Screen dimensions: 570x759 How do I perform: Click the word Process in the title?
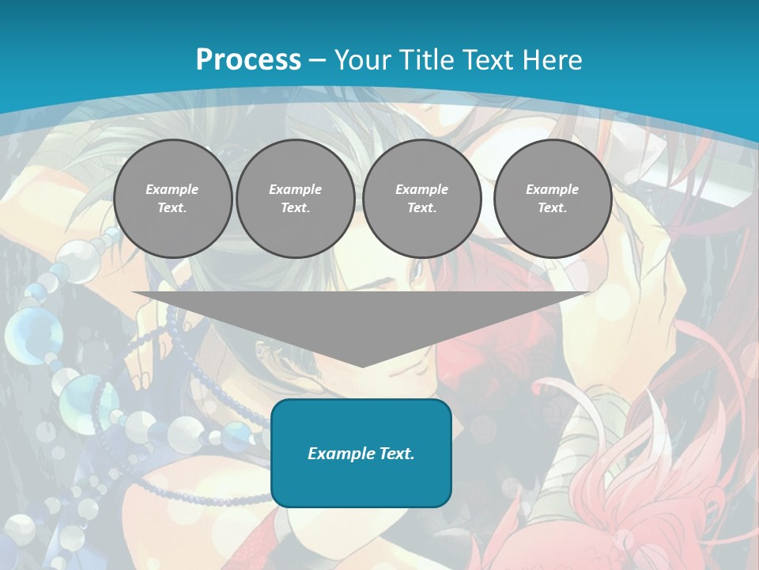[248, 60]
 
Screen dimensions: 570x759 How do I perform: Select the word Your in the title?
[360, 60]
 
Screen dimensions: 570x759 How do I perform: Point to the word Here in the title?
[554, 60]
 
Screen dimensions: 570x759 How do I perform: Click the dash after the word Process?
[317, 61]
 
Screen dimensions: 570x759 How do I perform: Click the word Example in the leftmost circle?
[172, 189]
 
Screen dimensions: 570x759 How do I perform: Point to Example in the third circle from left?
[421, 189]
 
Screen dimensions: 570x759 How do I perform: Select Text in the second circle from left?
[294, 207]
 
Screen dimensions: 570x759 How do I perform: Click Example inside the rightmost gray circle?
[552, 189]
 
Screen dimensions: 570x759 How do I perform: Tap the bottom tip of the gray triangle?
[362, 365]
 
